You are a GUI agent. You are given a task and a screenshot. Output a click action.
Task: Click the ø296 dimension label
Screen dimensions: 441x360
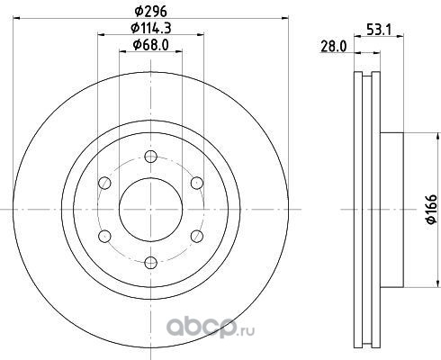pos(150,12)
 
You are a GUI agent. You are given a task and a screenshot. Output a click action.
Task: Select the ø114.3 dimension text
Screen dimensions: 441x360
pos(151,29)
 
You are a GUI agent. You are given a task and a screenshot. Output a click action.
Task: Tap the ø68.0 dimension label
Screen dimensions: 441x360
pos(151,45)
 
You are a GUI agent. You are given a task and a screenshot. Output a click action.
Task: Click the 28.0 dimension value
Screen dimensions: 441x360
pos(334,47)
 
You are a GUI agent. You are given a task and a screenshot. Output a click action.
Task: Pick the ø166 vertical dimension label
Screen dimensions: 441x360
pos(431,209)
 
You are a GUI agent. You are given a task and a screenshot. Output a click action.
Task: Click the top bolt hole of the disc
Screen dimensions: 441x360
pos(150,157)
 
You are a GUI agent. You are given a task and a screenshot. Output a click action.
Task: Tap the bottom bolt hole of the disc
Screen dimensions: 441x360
pos(150,263)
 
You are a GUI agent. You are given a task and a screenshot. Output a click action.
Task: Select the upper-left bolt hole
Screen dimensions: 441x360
pos(104,183)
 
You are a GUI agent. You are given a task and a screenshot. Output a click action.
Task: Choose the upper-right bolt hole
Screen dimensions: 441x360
pos(197,183)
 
